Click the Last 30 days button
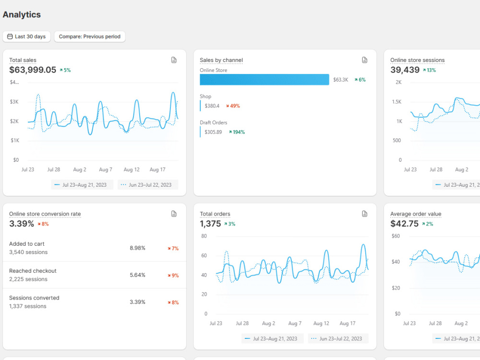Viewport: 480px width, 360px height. point(26,36)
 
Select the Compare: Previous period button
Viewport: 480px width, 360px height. point(90,36)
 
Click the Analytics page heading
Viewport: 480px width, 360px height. point(22,14)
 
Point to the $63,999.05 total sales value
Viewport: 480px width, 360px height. point(33,70)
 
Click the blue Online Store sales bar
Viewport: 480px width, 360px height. point(264,80)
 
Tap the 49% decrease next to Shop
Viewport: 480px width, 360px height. point(233,106)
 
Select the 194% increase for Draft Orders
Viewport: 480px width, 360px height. point(237,132)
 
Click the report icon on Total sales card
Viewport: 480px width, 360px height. point(174,60)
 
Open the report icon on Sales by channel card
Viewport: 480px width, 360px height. point(365,60)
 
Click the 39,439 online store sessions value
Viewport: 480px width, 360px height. point(405,70)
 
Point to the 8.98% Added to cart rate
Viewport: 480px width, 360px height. point(137,248)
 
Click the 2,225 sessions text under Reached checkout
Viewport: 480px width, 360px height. point(28,279)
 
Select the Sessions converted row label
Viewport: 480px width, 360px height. point(34,298)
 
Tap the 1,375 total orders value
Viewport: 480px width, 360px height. point(210,224)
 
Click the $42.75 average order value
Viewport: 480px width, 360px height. point(404,224)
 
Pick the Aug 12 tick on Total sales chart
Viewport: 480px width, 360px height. point(132,169)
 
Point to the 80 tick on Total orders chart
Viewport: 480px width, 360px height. point(204,236)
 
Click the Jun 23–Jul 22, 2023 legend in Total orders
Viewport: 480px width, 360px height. point(338,338)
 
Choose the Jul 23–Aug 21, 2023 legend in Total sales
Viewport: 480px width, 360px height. point(82,185)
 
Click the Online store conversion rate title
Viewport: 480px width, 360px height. point(45,214)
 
